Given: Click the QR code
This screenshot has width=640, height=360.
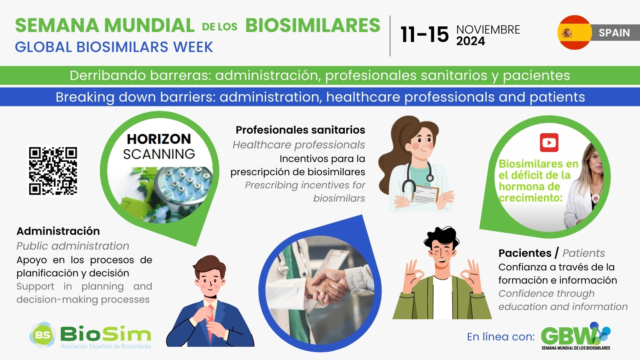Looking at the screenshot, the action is (x=53, y=171).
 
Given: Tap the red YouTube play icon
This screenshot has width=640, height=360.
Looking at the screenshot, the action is (x=549, y=142).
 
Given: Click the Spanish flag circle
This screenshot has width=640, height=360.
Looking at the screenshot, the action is (x=574, y=32).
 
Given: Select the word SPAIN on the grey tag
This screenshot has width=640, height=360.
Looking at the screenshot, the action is (x=614, y=33).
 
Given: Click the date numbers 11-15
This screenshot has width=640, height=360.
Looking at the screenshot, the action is (x=424, y=35).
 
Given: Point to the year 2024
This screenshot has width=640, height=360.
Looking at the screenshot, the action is (x=470, y=41).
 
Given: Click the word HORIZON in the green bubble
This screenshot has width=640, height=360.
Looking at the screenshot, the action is (x=159, y=139).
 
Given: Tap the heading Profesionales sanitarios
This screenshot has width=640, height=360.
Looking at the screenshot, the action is (x=300, y=130).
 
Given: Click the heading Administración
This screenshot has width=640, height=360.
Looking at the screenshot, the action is (x=58, y=231).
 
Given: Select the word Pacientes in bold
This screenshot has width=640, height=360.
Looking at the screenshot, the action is (x=525, y=253).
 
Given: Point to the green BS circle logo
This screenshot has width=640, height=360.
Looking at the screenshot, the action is (x=43, y=335).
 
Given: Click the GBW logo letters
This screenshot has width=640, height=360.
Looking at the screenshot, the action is (x=568, y=336).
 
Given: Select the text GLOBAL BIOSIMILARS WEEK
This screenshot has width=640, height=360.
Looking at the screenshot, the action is (x=114, y=47).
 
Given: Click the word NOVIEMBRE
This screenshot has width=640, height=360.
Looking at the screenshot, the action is (x=488, y=30).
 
